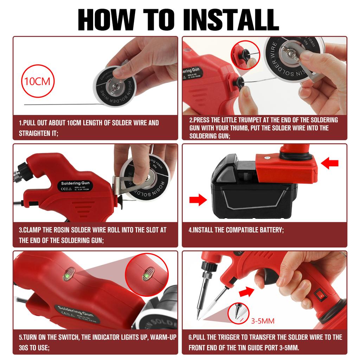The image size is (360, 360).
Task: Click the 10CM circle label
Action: [37, 82]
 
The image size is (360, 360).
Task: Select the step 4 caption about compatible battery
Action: [236, 230]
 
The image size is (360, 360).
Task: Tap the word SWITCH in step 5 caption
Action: [67, 337]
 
